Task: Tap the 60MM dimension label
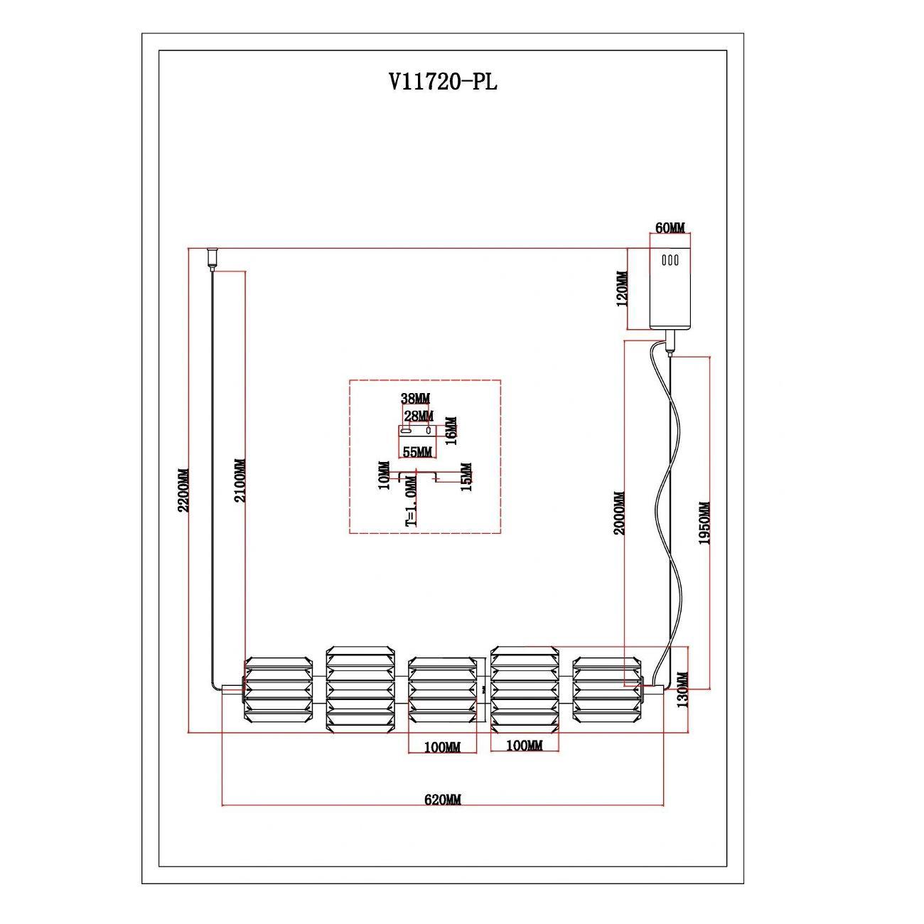click(670, 228)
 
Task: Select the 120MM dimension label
click(623, 289)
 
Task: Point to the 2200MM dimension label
click(183, 490)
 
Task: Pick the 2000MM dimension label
click(619, 512)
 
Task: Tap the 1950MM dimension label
click(704, 523)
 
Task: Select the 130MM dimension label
click(683, 690)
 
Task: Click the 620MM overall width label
click(443, 800)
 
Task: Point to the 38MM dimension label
click(416, 399)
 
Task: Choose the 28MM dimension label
click(419, 415)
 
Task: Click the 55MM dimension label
click(417, 451)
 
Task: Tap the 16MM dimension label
click(451, 431)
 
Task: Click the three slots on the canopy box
click(670, 260)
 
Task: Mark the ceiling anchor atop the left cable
click(211, 257)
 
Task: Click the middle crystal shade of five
click(442, 689)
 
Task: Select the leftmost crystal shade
click(278, 689)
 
